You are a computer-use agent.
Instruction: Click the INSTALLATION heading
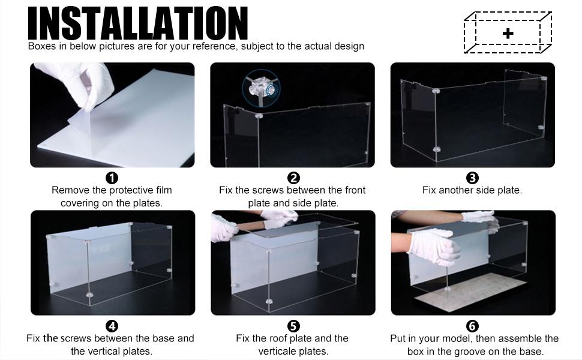[x=138, y=23]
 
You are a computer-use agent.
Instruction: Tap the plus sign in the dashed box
[x=508, y=34]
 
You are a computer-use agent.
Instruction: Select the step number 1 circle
[x=112, y=178]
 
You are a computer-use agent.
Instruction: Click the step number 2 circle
[x=293, y=178]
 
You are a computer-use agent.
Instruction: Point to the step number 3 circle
[x=472, y=178]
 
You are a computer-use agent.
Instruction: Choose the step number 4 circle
[x=112, y=326]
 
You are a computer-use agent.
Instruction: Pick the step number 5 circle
[x=293, y=326]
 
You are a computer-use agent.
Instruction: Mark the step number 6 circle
[x=472, y=326]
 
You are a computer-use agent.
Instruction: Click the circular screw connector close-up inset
[x=261, y=88]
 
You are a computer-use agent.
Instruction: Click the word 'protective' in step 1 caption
[x=133, y=190]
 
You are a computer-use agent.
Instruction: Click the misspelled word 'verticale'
[x=277, y=352]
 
